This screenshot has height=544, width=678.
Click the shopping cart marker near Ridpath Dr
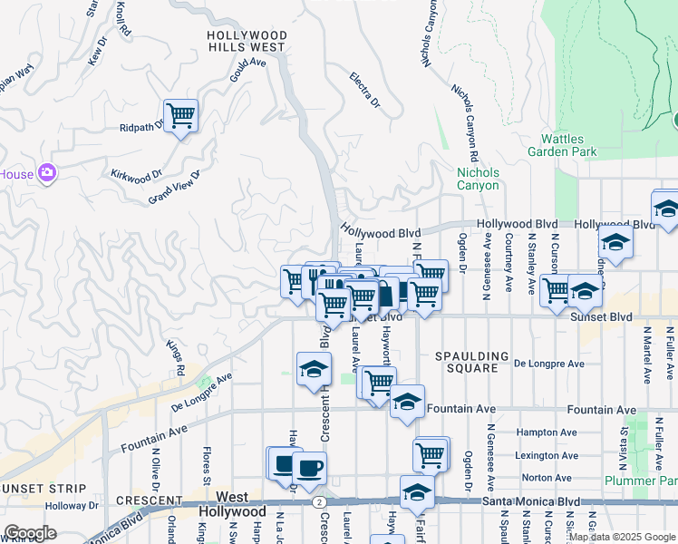click(x=181, y=115)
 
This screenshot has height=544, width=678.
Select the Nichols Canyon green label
click(x=478, y=179)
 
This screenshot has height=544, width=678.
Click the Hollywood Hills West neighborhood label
click(x=247, y=41)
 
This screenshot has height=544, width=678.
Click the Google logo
click(x=30, y=533)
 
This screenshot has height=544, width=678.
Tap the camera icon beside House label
click(x=47, y=173)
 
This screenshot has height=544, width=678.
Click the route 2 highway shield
click(x=318, y=500)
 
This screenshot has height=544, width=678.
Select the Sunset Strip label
click(x=34, y=488)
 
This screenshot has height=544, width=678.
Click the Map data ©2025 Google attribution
click(x=621, y=537)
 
